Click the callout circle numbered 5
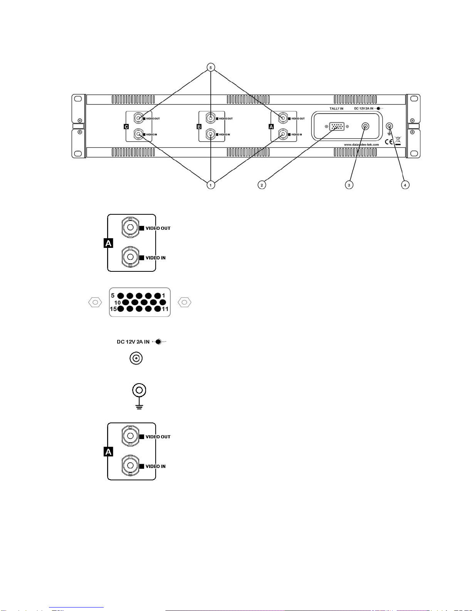210,67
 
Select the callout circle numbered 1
210,185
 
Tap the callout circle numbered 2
262,185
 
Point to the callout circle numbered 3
349,185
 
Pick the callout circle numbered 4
405,185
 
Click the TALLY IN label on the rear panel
336,109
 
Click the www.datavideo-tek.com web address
361,145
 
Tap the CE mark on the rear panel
389,141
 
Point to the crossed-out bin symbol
398,140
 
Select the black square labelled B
199,126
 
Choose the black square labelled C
126,126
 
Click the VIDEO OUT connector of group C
138,118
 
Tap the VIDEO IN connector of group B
210,135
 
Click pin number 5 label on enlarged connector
113,296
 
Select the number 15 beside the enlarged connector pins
113,309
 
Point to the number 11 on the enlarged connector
165,309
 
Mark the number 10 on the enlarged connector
118,303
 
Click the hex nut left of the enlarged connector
95,302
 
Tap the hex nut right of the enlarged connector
185,302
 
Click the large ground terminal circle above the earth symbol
139,390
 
